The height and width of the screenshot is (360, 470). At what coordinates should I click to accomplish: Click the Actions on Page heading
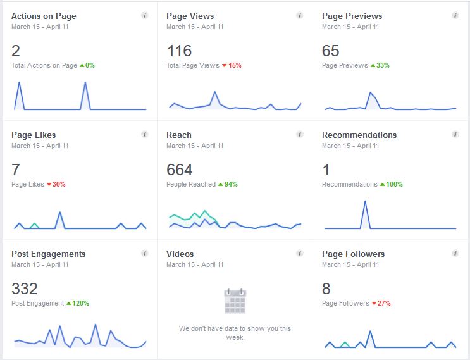[44, 16]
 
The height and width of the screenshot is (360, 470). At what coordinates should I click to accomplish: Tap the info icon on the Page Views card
[299, 15]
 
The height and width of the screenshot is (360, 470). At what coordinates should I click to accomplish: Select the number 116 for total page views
[179, 51]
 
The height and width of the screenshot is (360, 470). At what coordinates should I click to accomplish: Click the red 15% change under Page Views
[235, 65]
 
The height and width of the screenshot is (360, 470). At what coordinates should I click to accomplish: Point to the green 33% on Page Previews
[383, 65]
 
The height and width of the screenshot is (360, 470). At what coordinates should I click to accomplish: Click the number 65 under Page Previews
[331, 51]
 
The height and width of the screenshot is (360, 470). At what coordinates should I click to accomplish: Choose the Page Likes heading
[34, 135]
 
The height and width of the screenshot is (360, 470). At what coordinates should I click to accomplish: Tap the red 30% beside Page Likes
[59, 184]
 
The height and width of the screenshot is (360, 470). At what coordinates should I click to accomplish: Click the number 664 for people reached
[180, 170]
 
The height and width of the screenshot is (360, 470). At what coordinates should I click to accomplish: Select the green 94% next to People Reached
[231, 184]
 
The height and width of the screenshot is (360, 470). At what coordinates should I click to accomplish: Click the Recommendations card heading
[359, 135]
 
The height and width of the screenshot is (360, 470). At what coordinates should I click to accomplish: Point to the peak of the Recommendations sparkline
[365, 201]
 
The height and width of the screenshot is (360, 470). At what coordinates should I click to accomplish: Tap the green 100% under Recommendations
[394, 184]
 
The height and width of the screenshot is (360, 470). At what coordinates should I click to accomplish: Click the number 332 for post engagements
[25, 289]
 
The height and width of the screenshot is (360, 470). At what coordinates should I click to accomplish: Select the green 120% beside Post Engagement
[80, 303]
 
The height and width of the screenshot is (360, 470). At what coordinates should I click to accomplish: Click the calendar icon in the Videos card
[235, 301]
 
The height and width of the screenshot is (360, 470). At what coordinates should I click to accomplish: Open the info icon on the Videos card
[299, 253]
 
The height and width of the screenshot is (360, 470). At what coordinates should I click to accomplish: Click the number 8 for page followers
[326, 289]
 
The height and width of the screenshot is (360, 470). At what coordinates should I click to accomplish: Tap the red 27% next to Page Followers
[384, 303]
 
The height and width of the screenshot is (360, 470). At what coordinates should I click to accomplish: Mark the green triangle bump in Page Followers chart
[345, 344]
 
